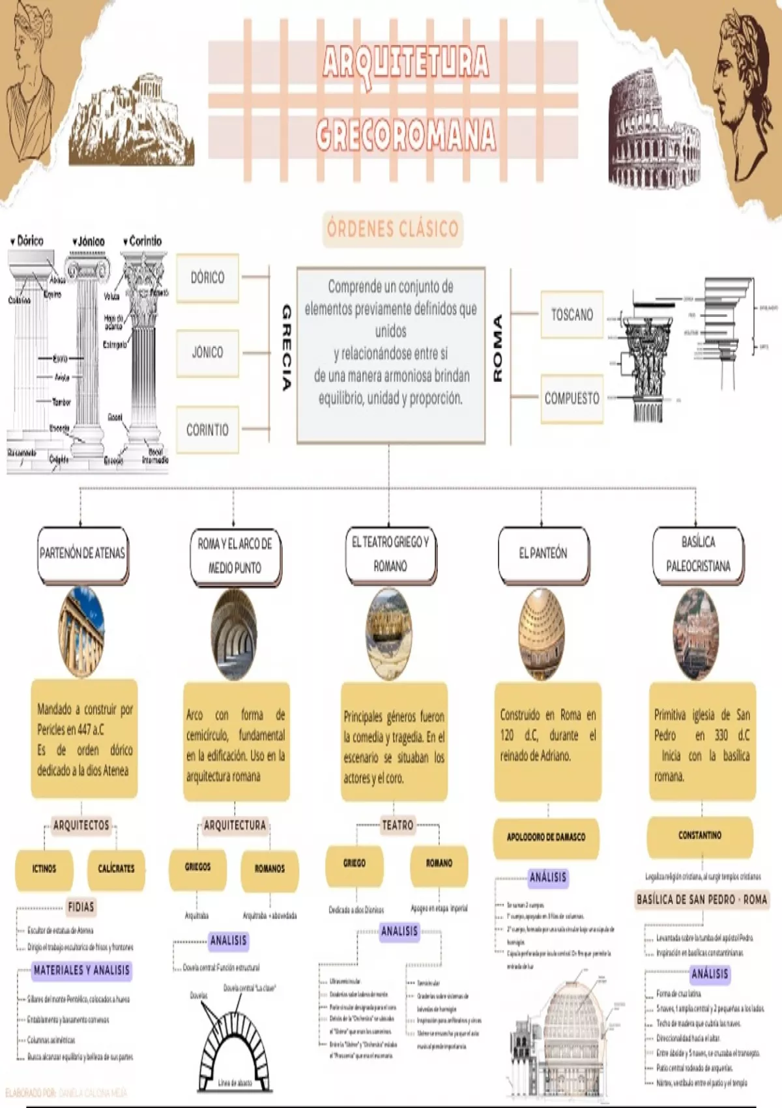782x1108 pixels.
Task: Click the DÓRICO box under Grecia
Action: coord(207,278)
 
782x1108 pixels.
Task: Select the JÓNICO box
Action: coord(207,353)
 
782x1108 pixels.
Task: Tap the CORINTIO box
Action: coord(207,430)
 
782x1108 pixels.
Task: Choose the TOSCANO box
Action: coord(572,315)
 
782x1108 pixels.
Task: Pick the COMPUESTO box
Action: coord(572,398)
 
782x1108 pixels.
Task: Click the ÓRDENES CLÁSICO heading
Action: coord(392,229)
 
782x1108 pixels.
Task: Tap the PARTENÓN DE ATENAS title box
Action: coord(82,554)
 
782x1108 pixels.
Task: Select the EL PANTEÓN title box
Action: coord(543,554)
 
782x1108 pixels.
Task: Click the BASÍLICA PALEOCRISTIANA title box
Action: coord(698,554)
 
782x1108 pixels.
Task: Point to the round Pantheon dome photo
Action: coord(542,633)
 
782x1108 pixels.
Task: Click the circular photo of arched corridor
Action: coord(234,633)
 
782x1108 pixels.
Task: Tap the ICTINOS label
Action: coord(44,869)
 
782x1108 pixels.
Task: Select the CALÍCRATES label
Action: coord(116,869)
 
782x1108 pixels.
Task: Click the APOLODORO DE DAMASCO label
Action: coord(546,837)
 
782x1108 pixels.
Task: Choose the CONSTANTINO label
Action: coord(700,836)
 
